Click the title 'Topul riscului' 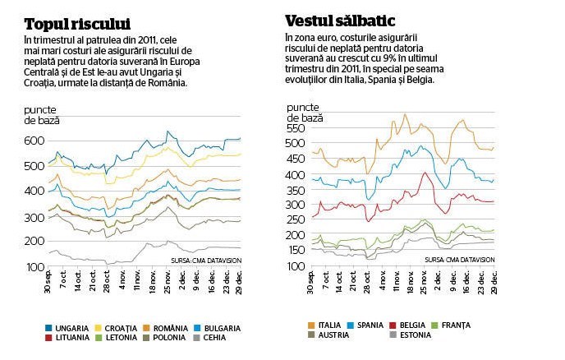tap(77, 25)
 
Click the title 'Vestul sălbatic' tap(340, 21)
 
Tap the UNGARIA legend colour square tap(48, 328)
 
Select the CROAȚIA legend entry tap(116, 328)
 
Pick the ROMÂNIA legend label tap(171, 328)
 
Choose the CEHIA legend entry tap(209, 338)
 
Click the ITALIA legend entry tap(324, 325)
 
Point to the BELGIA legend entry tap(407, 325)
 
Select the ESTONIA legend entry tap(411, 335)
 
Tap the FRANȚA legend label tap(456, 325)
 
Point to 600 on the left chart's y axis tap(34, 141)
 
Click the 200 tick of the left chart tap(34, 241)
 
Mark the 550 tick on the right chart tap(296, 128)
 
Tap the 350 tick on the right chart tap(296, 190)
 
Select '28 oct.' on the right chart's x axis tap(367, 282)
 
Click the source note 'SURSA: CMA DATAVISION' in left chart tap(206, 261)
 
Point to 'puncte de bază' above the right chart tap(305, 113)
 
